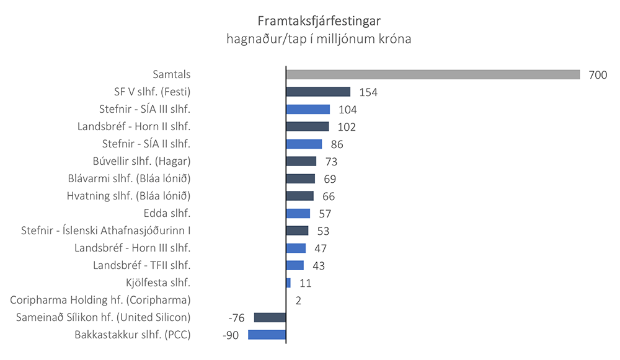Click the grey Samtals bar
[x=433, y=74]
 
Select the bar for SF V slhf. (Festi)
[x=318, y=92]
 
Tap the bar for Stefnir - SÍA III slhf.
[x=308, y=109]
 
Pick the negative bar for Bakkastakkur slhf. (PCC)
[x=267, y=335]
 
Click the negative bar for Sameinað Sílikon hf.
[x=270, y=317]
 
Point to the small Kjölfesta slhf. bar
[x=288, y=283]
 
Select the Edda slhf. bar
[x=298, y=213]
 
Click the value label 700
[x=598, y=75]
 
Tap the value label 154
[x=368, y=92]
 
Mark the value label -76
[x=236, y=318]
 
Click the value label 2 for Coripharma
[x=298, y=301]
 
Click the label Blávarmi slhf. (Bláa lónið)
[x=129, y=178]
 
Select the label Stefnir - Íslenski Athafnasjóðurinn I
[x=105, y=230]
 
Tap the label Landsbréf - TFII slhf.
[x=141, y=265]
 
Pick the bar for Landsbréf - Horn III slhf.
[x=296, y=248]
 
